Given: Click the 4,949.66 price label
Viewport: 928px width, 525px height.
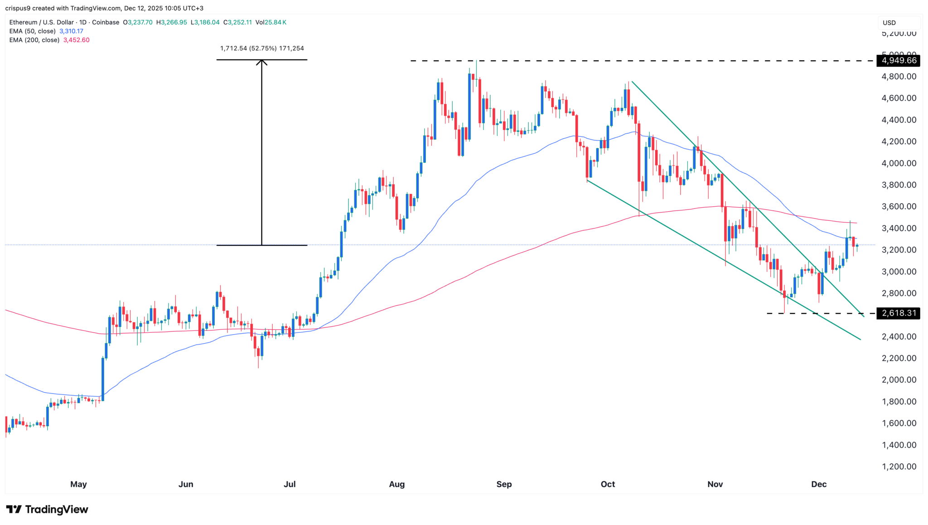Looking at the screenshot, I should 899,60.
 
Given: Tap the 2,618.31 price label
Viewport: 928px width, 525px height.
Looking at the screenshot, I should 899,313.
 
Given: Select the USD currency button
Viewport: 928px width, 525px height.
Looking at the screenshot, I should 889,23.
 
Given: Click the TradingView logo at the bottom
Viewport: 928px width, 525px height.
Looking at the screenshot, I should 47,510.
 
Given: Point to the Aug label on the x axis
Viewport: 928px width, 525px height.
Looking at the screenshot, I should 396,484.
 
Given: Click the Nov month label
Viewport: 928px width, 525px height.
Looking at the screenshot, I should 715,484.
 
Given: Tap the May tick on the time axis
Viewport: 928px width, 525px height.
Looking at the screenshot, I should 78,484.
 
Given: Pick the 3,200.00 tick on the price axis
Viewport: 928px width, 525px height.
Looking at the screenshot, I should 899,250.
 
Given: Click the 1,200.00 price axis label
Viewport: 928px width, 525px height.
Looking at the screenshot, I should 899,467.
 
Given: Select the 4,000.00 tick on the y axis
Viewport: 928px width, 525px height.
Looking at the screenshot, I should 899,163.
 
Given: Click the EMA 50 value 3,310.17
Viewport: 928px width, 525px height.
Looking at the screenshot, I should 71,31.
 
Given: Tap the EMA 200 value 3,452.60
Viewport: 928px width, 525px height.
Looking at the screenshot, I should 76,40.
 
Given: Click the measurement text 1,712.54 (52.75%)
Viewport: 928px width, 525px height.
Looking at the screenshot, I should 248,49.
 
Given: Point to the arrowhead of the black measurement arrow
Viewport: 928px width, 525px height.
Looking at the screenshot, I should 261,62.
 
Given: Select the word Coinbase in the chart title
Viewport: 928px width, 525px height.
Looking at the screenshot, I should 106,22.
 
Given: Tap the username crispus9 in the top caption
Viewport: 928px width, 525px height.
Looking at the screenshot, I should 18,8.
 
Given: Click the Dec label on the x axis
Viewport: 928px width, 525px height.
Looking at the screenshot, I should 819,484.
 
